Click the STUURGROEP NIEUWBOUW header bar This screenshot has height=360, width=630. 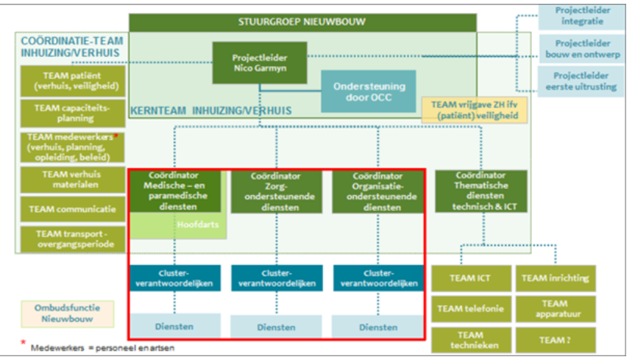click(x=303, y=22)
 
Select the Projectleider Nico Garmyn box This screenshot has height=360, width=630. click(x=259, y=62)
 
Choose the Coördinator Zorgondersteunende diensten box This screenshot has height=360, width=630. click(x=275, y=191)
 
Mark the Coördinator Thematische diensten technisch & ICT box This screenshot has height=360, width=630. click(x=481, y=191)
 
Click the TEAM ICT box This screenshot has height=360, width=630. click(x=470, y=278)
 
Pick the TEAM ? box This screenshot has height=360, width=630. click(x=554, y=340)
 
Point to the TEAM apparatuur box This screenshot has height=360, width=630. click(x=554, y=309)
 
